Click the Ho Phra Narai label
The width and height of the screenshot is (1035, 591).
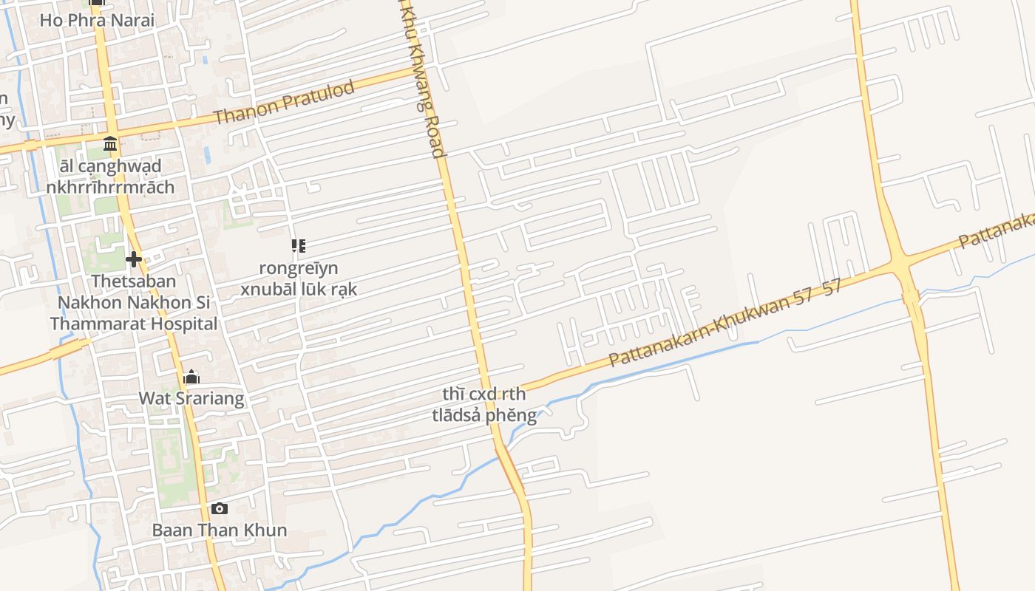coord(97,20)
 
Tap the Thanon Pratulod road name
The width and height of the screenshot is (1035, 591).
coord(284,102)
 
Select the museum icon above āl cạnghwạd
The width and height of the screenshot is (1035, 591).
coord(110,143)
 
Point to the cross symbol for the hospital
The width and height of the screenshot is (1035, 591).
coord(134,259)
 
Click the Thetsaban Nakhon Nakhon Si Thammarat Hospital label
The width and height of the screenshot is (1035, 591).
coord(134,302)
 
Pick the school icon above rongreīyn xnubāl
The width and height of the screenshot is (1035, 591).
coord(299,246)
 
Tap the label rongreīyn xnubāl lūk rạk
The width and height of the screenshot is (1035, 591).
coord(299,279)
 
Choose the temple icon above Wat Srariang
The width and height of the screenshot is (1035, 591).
coord(191,378)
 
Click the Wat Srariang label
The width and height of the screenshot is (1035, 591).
coord(191,399)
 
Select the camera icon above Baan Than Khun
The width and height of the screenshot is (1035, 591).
coord(219,508)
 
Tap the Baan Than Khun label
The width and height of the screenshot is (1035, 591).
coord(220,530)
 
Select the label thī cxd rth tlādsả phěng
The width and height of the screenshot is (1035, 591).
coord(484,405)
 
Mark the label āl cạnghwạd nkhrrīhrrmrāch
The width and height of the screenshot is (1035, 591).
coord(110,176)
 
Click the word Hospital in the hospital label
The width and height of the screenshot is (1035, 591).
coord(185,324)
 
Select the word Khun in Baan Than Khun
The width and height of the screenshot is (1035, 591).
coord(268,530)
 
